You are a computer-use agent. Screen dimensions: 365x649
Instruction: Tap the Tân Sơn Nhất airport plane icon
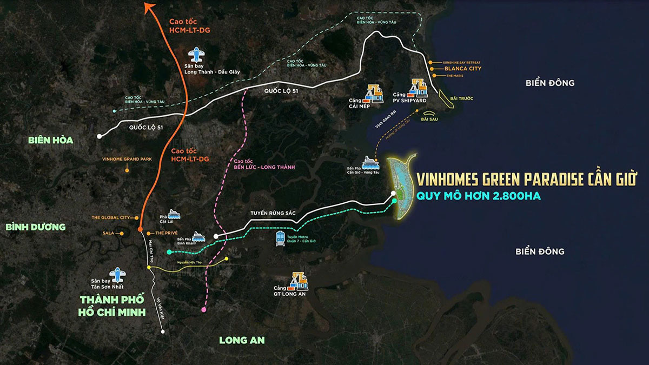click(116, 274)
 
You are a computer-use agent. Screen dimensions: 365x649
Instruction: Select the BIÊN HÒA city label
click(51, 140)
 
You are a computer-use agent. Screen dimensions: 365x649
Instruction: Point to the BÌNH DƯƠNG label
click(36, 227)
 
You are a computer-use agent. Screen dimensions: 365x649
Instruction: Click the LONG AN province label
click(242, 340)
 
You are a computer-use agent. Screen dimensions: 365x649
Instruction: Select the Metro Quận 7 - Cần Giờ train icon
click(281, 238)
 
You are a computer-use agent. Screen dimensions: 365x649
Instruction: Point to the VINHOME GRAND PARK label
click(127, 160)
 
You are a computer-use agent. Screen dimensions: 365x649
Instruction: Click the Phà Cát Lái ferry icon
click(174, 214)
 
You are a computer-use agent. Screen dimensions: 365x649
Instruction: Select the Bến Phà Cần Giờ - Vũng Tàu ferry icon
click(370, 161)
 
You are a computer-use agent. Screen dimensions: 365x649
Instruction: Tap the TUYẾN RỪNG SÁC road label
click(273, 214)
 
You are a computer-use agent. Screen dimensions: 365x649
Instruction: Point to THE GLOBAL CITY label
click(110, 217)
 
